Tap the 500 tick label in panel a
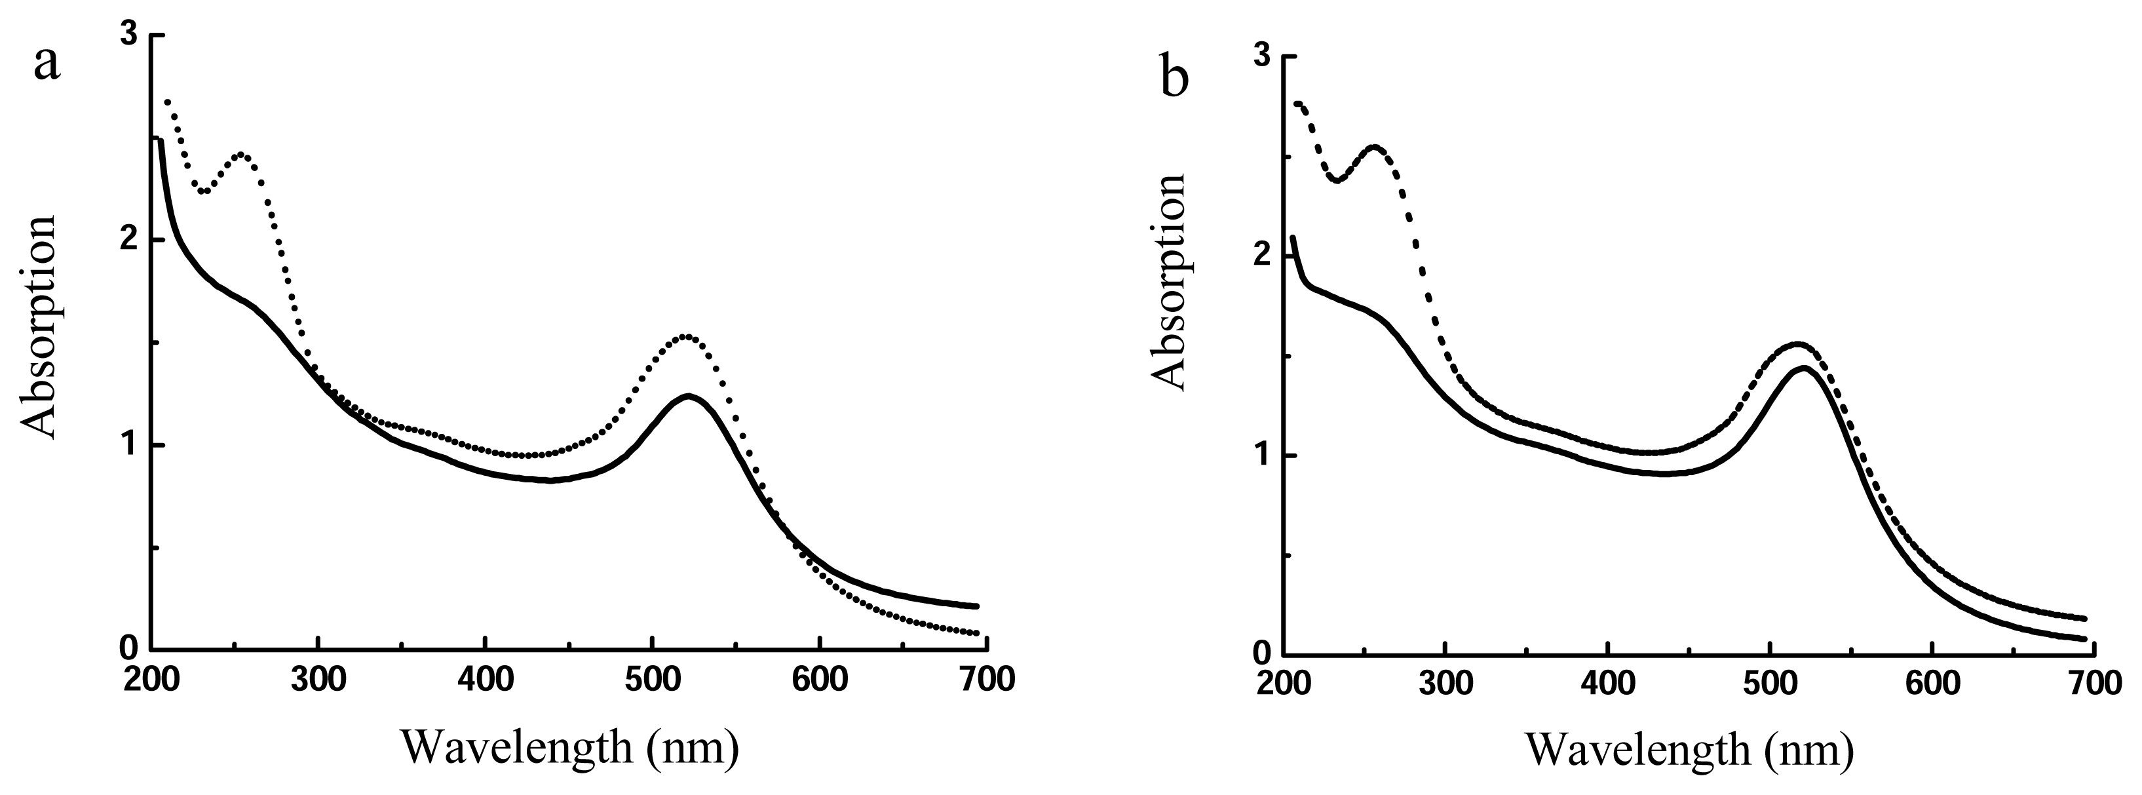[x=653, y=680]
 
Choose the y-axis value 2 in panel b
[x=1262, y=257]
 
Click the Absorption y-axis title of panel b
[x=1169, y=282]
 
